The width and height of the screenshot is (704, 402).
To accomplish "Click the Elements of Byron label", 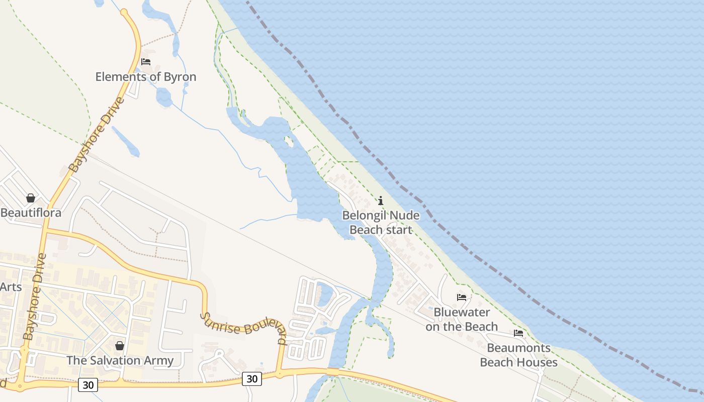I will coord(146,77).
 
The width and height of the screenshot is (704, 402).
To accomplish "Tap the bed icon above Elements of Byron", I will coord(146,62).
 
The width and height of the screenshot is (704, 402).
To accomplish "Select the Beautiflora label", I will coord(31,213).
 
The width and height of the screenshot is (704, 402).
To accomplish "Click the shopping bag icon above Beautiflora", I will coord(31,198).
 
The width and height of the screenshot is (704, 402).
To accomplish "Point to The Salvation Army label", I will coord(120,360).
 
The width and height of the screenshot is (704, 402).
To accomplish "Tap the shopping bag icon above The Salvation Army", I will coord(120,346).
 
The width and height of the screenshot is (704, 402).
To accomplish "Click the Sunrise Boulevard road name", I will coord(244,329).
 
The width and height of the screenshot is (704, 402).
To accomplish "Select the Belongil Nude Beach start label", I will coord(381,223).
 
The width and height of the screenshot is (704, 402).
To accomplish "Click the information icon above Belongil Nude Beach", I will coord(381,201).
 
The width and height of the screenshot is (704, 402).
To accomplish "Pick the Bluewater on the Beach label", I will coord(462,319).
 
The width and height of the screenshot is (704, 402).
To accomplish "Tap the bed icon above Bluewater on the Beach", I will coord(462,297).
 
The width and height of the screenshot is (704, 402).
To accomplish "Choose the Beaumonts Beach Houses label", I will coord(518,355).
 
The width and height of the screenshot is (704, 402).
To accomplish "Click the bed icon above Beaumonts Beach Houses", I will coord(518,333).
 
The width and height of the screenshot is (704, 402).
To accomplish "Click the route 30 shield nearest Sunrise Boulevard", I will coord(252,378).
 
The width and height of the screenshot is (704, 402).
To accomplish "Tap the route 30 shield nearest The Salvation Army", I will coord(88,385).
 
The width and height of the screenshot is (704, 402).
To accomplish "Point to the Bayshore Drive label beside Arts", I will coord(34,296).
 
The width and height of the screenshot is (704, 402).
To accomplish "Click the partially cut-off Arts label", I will coord(11,287).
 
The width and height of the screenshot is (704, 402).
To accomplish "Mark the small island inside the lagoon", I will coord(289,142).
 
